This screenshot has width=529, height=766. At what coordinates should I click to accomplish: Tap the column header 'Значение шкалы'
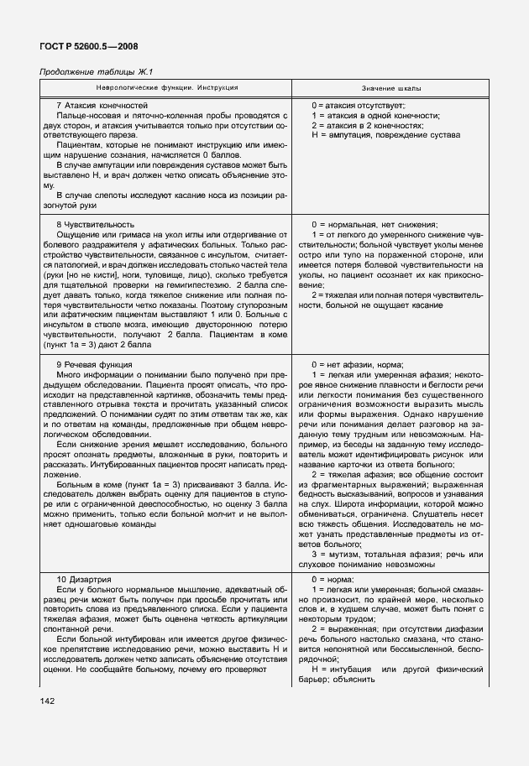[391, 88]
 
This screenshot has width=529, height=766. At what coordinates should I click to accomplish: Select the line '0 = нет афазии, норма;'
[358, 365]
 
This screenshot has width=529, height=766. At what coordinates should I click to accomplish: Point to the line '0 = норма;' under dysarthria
[333, 581]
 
